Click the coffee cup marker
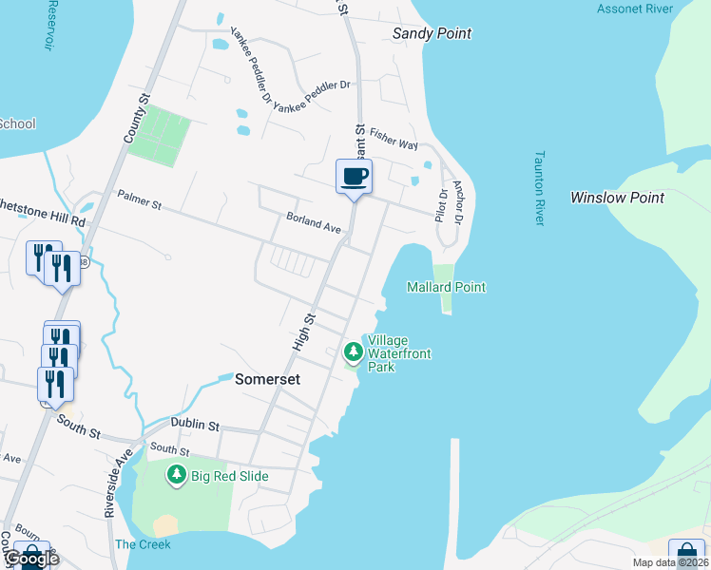354,177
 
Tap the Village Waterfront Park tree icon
354,352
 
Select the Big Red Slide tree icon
176,474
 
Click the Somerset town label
268,378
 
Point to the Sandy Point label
432,33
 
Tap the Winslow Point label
617,198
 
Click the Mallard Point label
446,287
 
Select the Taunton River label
539,187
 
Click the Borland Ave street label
314,223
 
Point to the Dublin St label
195,425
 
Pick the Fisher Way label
394,139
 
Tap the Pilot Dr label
441,205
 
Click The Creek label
143,544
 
